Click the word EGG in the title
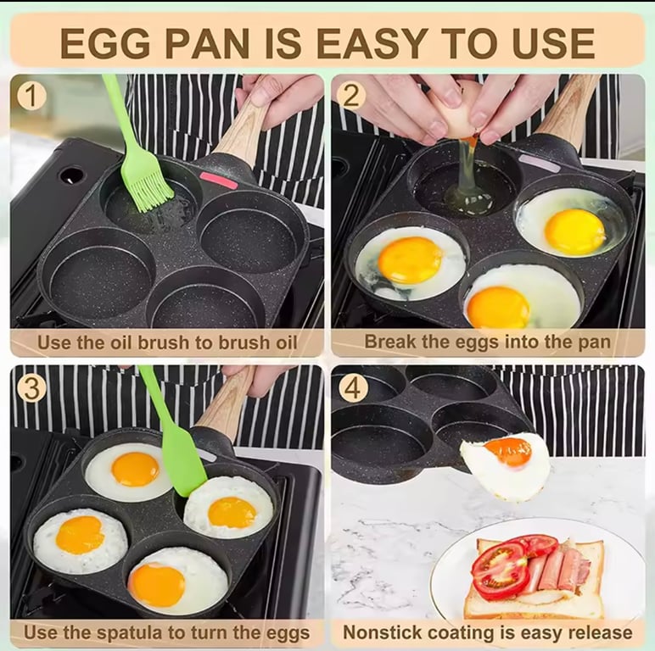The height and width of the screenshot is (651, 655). coord(105,43)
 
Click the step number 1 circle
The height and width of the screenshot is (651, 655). coord(31,96)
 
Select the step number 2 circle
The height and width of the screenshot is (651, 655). coord(351,96)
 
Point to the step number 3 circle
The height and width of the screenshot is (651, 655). coord(31,388)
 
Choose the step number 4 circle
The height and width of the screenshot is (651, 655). coord(353,388)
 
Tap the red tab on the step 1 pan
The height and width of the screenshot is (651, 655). coord(218,181)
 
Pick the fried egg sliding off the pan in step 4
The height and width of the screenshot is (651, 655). coord(506,465)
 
